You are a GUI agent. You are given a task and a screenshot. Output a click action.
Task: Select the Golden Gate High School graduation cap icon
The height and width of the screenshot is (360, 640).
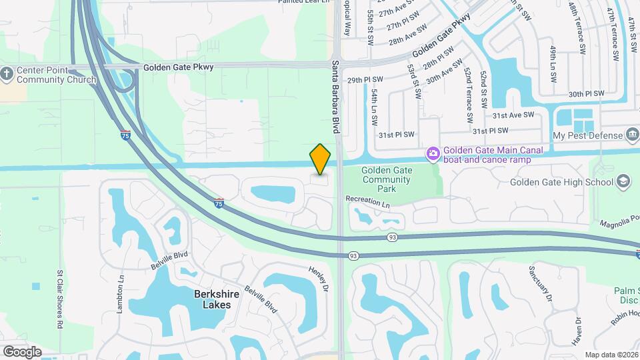pos(623,182)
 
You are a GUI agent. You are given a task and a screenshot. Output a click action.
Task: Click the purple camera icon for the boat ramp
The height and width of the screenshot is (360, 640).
pos(433,155)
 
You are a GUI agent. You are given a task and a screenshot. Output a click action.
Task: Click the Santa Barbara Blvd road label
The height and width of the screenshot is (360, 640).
pos(335,97)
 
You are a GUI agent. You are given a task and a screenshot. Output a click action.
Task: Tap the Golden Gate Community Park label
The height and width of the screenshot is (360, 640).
pos(387,179)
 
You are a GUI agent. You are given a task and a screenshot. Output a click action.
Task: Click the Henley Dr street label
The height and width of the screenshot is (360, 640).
pos(319,279)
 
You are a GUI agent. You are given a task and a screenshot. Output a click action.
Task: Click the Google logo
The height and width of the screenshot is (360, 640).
pos(22,351)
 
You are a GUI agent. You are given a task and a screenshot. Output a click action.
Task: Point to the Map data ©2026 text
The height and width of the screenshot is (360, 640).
pos(611,355)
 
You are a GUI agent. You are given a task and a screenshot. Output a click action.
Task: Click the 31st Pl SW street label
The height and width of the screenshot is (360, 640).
pos(396,135)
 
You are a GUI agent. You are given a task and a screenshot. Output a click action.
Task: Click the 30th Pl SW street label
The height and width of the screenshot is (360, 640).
pos(586,94)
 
